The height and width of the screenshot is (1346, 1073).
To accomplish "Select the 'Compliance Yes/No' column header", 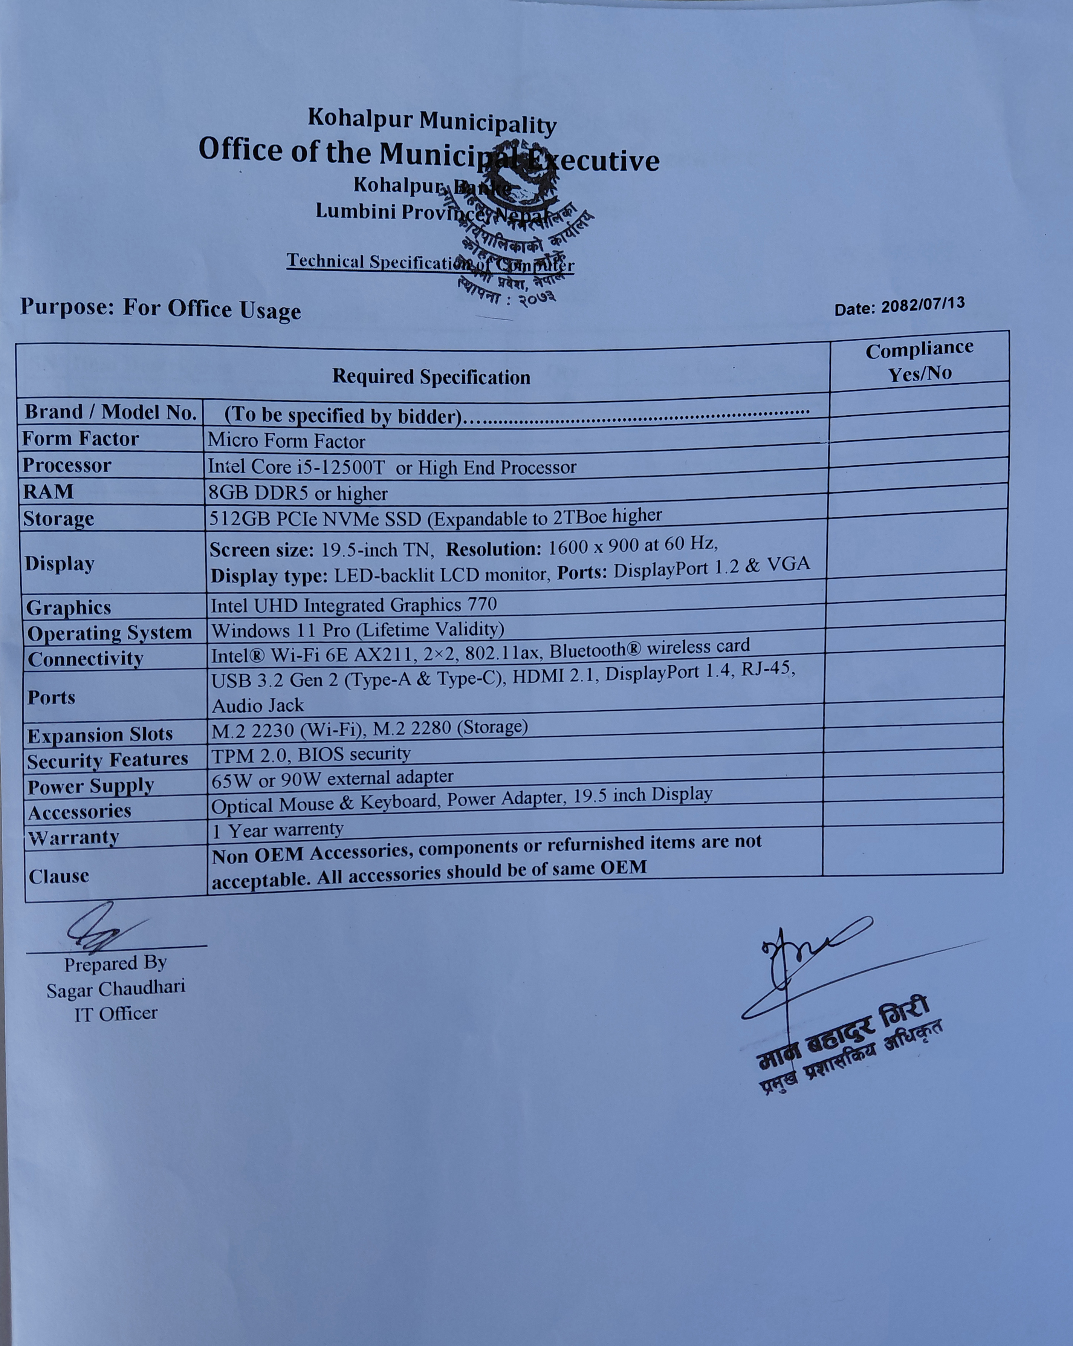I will (919, 361).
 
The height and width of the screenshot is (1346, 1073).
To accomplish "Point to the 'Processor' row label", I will (67, 466).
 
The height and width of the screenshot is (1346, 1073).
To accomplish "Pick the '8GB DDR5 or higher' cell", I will (298, 494).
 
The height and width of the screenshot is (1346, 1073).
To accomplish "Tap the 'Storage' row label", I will (59, 519).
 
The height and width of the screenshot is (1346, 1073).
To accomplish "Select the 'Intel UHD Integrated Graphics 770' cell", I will (354, 605).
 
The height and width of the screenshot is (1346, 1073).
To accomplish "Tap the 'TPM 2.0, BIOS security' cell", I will (311, 756).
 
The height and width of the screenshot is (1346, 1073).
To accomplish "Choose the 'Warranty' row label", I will (73, 838).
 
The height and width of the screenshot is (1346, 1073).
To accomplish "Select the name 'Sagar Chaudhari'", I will (116, 989).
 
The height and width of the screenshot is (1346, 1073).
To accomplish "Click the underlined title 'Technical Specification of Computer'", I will (430, 262).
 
